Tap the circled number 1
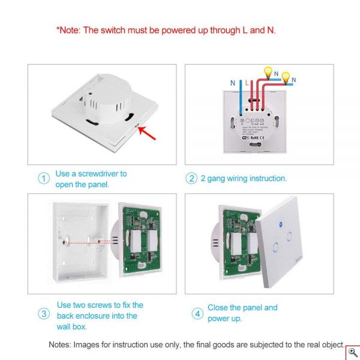pos(43,179)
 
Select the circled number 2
pos(191,178)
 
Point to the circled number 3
pos(43,313)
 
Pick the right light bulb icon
pos(286,77)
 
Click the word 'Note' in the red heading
pos(69,29)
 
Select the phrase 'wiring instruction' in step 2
pos(257,178)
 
